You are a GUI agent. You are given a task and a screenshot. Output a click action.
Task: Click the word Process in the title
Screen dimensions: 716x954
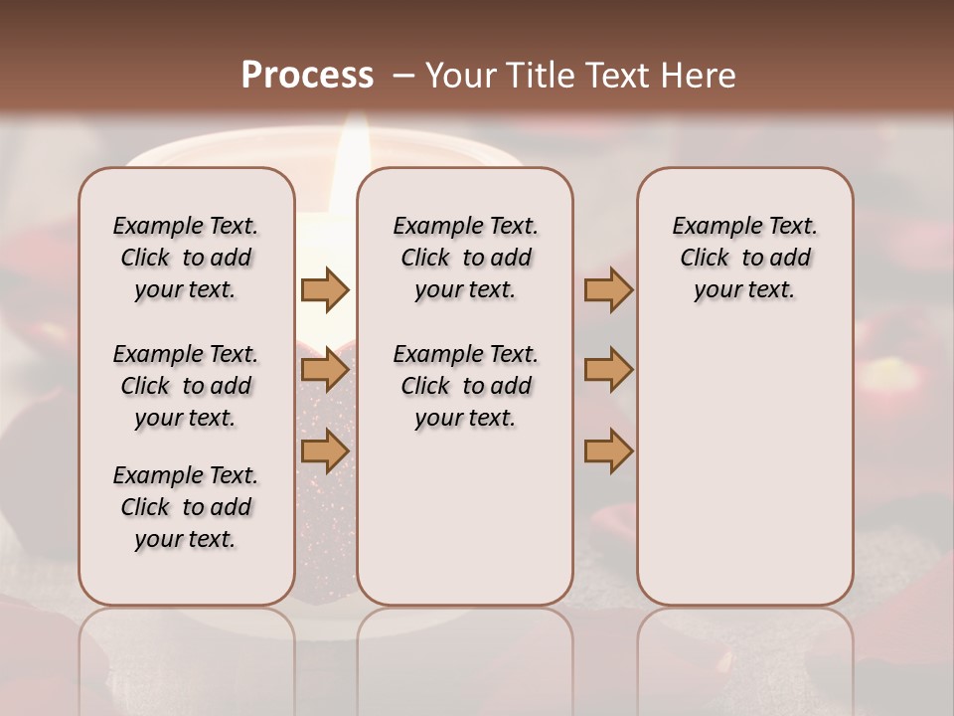(307, 76)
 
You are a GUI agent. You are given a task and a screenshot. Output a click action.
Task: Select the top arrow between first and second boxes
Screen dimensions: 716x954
(325, 289)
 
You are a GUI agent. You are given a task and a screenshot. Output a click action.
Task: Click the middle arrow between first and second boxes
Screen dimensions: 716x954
(325, 371)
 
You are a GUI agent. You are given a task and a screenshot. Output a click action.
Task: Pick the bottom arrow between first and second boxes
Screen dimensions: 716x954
(325, 451)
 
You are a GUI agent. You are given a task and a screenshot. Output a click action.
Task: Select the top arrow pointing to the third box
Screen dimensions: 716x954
(608, 289)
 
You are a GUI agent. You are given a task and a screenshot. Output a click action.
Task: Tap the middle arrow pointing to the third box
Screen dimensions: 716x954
(608, 371)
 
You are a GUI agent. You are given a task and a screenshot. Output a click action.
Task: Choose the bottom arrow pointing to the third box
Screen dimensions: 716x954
(608, 451)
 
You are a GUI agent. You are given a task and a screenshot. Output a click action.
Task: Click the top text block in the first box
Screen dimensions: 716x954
(186, 258)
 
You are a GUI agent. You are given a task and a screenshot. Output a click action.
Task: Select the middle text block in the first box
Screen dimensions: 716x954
(186, 386)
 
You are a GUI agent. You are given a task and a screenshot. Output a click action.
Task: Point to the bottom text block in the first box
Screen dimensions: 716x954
(186, 507)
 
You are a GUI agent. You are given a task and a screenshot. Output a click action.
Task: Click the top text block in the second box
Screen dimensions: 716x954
(465, 258)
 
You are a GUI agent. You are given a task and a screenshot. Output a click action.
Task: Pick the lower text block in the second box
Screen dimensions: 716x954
(465, 386)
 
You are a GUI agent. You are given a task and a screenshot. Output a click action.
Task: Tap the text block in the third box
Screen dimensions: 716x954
(744, 258)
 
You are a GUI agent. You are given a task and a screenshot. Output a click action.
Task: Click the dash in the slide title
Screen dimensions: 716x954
(403, 76)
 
